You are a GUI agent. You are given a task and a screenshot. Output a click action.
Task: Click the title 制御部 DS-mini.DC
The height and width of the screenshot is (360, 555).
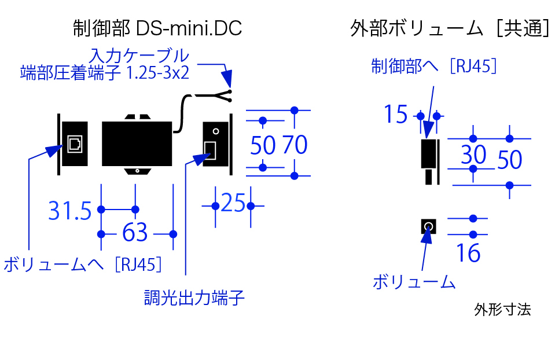157,28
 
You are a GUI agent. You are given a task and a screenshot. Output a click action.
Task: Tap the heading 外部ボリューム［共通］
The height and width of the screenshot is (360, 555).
450,28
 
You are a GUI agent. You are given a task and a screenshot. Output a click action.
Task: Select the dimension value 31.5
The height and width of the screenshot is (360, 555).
70,211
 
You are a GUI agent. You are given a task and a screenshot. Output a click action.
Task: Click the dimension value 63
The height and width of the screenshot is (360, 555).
135,233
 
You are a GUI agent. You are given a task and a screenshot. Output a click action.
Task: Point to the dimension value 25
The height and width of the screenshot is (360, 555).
233,204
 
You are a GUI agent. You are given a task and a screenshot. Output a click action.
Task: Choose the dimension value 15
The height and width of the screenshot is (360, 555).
396,115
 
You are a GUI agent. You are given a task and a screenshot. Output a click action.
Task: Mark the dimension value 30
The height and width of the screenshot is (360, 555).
473,155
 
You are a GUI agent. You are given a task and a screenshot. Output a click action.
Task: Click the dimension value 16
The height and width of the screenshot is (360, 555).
468,254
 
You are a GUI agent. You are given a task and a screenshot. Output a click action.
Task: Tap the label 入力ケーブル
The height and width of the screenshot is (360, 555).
139,56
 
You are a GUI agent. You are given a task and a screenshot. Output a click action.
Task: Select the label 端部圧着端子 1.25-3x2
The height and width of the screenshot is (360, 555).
104,73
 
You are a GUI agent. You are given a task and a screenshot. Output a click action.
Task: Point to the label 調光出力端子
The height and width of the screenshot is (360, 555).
194,298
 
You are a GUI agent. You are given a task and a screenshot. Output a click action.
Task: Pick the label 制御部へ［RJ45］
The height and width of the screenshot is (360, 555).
434,67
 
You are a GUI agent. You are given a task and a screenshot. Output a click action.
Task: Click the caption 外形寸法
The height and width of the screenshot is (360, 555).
502,310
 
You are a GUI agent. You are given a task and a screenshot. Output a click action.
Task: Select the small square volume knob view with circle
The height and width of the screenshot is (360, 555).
428,226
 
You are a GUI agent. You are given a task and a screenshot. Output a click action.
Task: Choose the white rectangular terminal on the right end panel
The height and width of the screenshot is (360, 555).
211,150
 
